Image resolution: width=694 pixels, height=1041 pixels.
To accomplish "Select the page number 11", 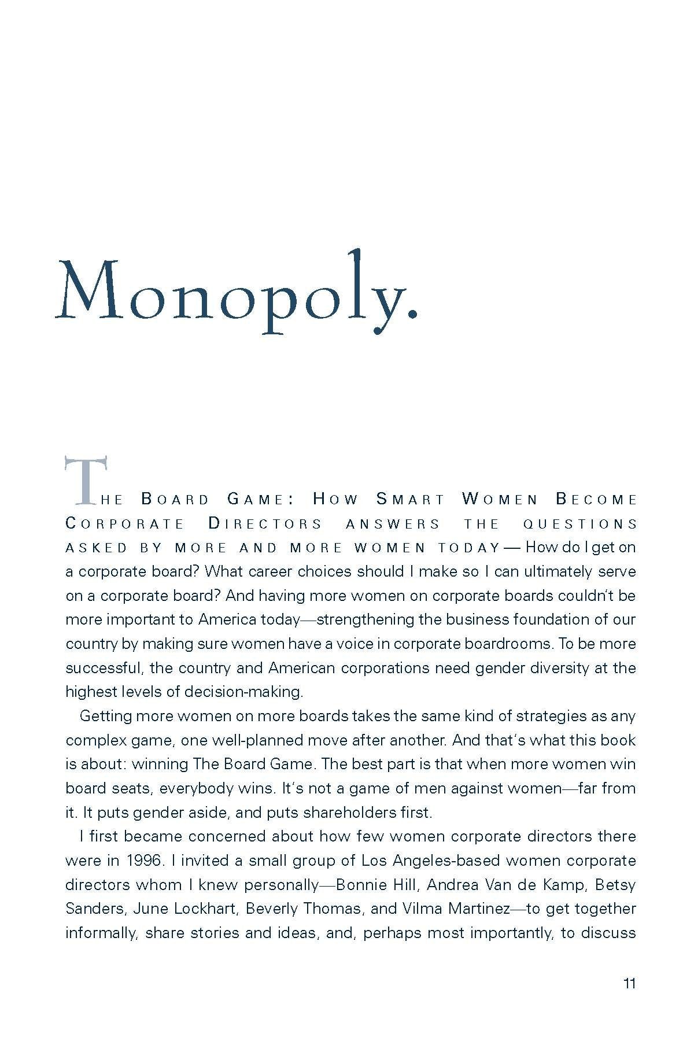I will [629, 983].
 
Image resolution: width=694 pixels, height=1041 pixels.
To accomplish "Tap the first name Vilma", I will [419, 909].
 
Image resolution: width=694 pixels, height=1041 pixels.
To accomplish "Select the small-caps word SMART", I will [411, 499].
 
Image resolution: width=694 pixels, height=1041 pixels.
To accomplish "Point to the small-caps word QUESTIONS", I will [579, 524].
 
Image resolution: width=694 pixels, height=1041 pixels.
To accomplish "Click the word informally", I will [99, 933].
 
